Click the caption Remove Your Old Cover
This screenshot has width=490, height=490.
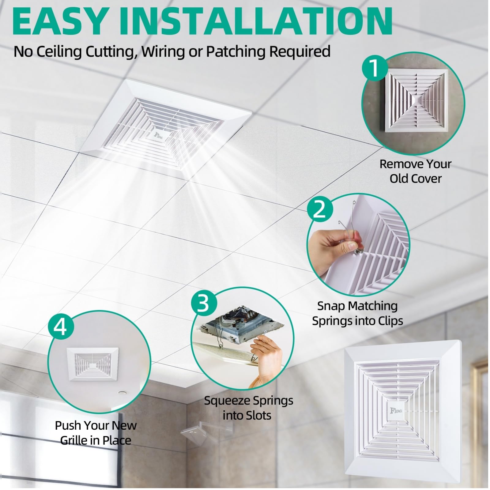pyautogui.click(x=415, y=171)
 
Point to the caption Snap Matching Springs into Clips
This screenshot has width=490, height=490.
pyautogui.click(x=357, y=313)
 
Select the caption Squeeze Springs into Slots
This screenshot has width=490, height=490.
pyautogui.click(x=248, y=408)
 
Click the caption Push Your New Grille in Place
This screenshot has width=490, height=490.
pyautogui.click(x=96, y=433)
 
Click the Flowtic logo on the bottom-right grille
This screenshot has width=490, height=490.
pyautogui.click(x=397, y=411)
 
